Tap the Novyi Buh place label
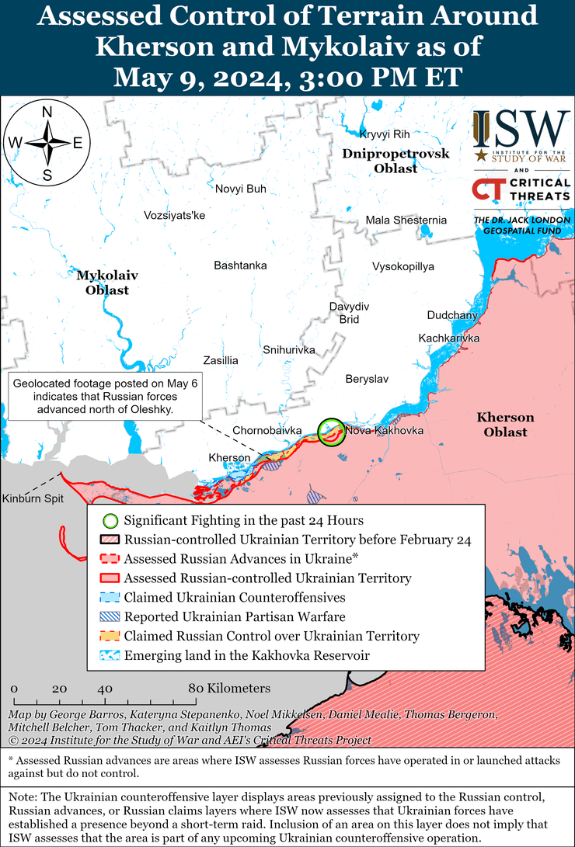pyautogui.click(x=240, y=189)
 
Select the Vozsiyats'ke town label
pyautogui.click(x=174, y=215)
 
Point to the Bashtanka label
pyautogui.click(x=240, y=266)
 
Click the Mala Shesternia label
pyautogui.click(x=406, y=220)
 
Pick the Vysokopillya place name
pyautogui.click(x=403, y=266)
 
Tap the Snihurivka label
pyautogui.click(x=288, y=350)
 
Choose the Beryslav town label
pyautogui.click(x=367, y=379)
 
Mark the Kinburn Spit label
pyautogui.click(x=32, y=498)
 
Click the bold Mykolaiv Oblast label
pyautogui.click(x=103, y=283)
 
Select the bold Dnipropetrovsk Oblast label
pyautogui.click(x=396, y=161)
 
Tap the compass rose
pyautogui.click(x=47, y=143)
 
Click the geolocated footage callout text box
pyautogui.click(x=105, y=396)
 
